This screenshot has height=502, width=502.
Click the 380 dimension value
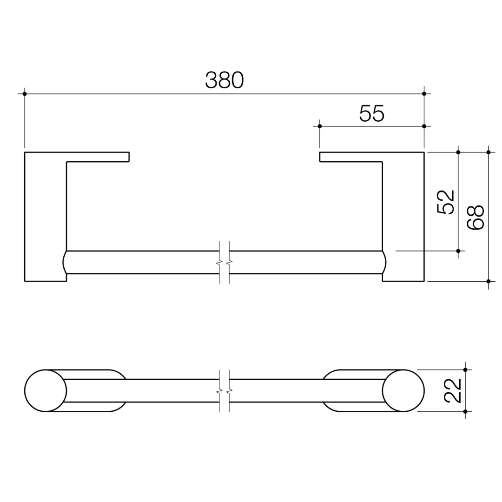[x=224, y=80]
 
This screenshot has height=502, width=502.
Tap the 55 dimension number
[x=372, y=113]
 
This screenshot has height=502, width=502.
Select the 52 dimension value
[x=446, y=202]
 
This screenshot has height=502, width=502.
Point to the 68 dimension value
[x=476, y=217]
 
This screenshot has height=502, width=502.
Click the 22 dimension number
[x=453, y=390]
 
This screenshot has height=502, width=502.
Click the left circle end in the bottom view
[x=46, y=390]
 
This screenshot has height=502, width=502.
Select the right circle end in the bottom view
[x=403, y=390]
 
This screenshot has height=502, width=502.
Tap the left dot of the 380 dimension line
[x=25, y=94]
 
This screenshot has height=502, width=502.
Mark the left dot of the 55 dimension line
[x=320, y=126]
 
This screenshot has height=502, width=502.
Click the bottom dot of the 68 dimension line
[x=489, y=281]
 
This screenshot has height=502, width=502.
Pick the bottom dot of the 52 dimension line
[x=458, y=251]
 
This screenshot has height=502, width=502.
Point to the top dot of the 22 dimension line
[x=465, y=370]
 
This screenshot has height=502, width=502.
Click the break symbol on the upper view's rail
[x=224, y=263]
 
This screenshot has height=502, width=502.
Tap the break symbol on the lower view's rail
[x=224, y=391]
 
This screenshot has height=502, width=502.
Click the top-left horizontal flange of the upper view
[x=98, y=157]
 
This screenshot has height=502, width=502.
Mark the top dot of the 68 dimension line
[x=489, y=152]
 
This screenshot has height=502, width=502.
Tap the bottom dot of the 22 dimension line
[x=465, y=411]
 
